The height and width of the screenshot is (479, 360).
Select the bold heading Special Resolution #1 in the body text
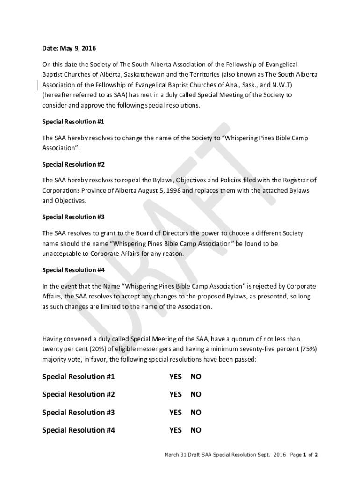(73, 122)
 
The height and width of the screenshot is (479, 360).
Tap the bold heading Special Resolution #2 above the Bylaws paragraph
(73, 164)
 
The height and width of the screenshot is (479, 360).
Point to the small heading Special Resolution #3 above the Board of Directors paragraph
(73, 217)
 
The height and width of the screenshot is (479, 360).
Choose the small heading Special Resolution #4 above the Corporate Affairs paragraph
(73, 270)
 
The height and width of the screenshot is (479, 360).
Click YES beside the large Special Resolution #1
(175, 377)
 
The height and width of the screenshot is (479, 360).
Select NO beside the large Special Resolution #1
(195, 377)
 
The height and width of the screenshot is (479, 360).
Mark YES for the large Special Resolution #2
(175, 395)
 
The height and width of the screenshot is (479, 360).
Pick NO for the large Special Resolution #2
(195, 395)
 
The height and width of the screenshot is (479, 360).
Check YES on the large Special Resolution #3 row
(175, 413)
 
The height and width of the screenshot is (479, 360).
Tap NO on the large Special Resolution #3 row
(195, 413)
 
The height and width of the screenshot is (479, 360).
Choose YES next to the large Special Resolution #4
(175, 430)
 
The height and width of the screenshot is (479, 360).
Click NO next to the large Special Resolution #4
(195, 430)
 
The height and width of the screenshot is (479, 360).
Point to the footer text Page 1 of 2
(304, 454)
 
